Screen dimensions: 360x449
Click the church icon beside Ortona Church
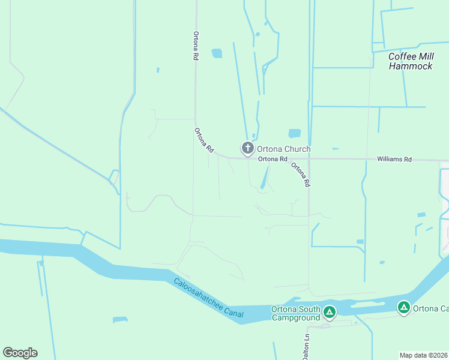click(247, 148)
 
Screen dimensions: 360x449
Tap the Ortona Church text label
click(284, 149)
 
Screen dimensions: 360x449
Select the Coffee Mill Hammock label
click(411, 61)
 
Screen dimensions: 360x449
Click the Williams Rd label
click(394, 160)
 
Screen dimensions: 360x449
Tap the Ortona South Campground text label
click(295, 313)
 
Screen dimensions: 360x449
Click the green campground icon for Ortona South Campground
click(329, 312)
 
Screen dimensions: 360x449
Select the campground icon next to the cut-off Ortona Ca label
click(404, 308)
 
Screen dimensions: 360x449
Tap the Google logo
click(20, 353)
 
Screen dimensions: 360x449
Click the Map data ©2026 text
click(424, 355)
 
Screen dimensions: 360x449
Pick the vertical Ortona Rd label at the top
click(196, 46)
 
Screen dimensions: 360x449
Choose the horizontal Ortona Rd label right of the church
click(274, 160)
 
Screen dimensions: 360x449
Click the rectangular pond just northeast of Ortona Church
click(294, 133)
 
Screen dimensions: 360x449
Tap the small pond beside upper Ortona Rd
click(217, 53)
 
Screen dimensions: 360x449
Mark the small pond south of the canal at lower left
click(121, 320)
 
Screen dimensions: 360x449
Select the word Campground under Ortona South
click(295, 317)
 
